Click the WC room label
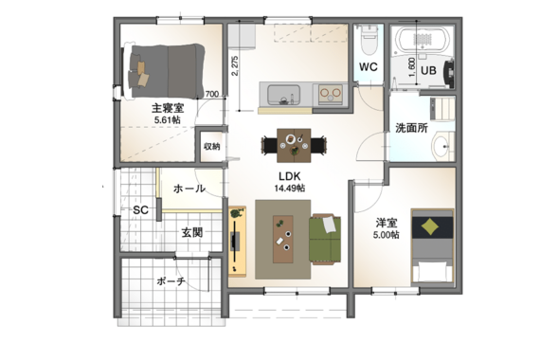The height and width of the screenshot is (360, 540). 369,67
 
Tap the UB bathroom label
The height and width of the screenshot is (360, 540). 428,71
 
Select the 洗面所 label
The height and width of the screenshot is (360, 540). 411,128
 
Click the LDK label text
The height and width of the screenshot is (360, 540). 290,176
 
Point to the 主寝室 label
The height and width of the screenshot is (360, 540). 168,108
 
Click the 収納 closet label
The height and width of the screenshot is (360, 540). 212,147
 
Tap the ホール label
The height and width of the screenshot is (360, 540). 189,189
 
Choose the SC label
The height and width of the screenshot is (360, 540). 140,209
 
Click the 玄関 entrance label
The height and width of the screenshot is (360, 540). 191,233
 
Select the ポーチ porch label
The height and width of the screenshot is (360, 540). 171,281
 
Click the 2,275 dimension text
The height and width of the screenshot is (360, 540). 235,66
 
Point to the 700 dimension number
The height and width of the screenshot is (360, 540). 212,94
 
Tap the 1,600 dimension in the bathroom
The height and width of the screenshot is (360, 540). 411,67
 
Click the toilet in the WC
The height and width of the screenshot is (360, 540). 369,41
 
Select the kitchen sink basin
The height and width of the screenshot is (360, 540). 283,95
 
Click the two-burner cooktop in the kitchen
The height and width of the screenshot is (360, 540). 331,94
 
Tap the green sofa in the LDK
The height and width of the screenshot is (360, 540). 325,239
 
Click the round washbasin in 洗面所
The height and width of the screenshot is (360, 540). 441,147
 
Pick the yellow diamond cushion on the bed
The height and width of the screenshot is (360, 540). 430,227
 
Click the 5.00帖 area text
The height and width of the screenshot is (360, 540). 387,235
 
